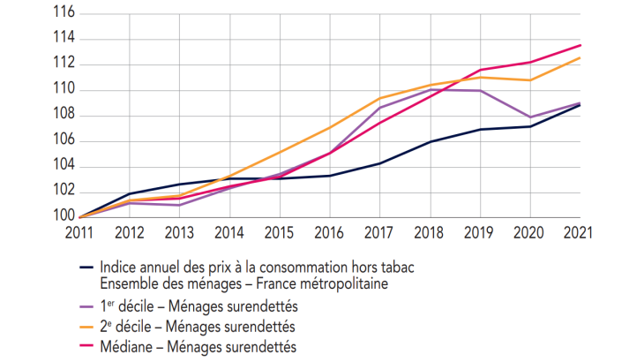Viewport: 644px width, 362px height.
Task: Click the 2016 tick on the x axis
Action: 330,233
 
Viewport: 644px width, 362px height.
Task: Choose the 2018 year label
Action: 431,233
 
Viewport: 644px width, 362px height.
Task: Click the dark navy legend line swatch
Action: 86,268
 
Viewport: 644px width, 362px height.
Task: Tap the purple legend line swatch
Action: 86,306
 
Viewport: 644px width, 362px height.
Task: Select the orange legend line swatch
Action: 86,327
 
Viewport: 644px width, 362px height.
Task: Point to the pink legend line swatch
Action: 86,347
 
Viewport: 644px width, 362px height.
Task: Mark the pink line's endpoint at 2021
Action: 580,45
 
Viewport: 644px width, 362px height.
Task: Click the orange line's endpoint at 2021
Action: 580,57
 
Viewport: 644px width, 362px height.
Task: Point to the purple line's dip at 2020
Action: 530,117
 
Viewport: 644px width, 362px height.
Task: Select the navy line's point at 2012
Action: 129,193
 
